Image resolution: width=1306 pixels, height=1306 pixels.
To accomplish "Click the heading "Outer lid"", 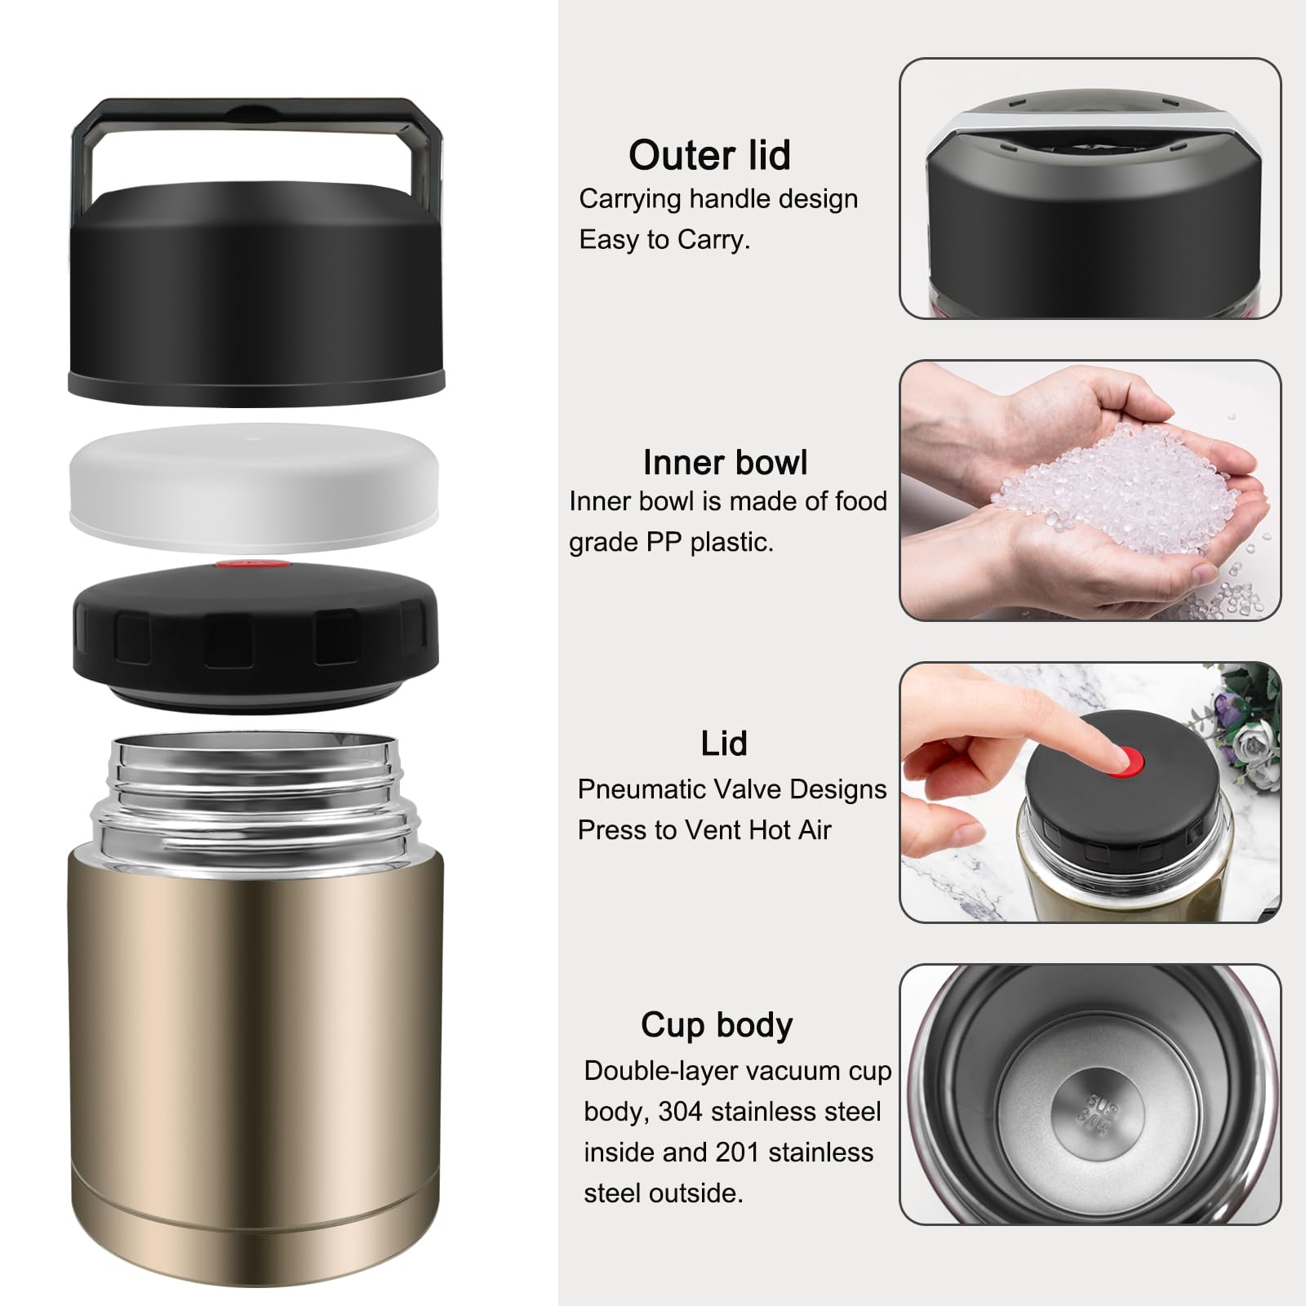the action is tap(709, 155).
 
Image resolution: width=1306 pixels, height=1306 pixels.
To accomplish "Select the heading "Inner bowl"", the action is tap(725, 462).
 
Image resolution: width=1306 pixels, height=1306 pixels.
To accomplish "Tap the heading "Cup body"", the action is tap(717, 1025).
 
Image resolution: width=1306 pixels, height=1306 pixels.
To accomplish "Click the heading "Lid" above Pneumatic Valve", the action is tap(723, 744).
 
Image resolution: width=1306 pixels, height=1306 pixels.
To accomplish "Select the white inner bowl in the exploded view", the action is tap(254, 486).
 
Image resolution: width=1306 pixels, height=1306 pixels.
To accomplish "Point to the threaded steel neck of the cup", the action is tap(255, 792).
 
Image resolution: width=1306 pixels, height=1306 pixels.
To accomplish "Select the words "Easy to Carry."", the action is tap(664, 240).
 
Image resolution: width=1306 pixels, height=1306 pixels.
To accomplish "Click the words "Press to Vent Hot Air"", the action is tap(704, 830).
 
